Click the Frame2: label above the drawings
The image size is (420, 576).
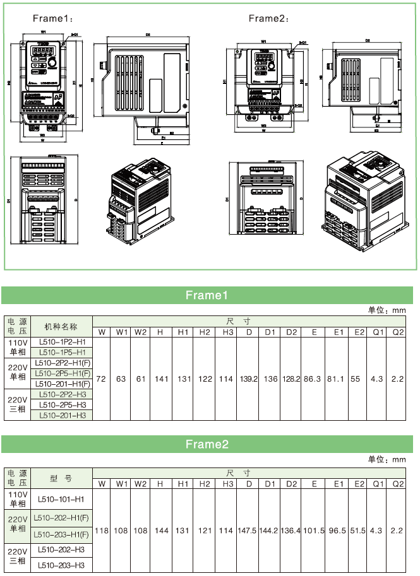(x=268, y=18)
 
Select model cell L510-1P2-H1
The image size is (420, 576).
(x=62, y=342)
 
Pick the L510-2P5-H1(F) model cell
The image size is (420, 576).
(x=62, y=373)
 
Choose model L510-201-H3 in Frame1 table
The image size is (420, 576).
(x=62, y=414)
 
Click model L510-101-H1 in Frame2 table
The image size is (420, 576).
(x=61, y=498)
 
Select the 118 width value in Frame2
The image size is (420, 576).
(x=101, y=531)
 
